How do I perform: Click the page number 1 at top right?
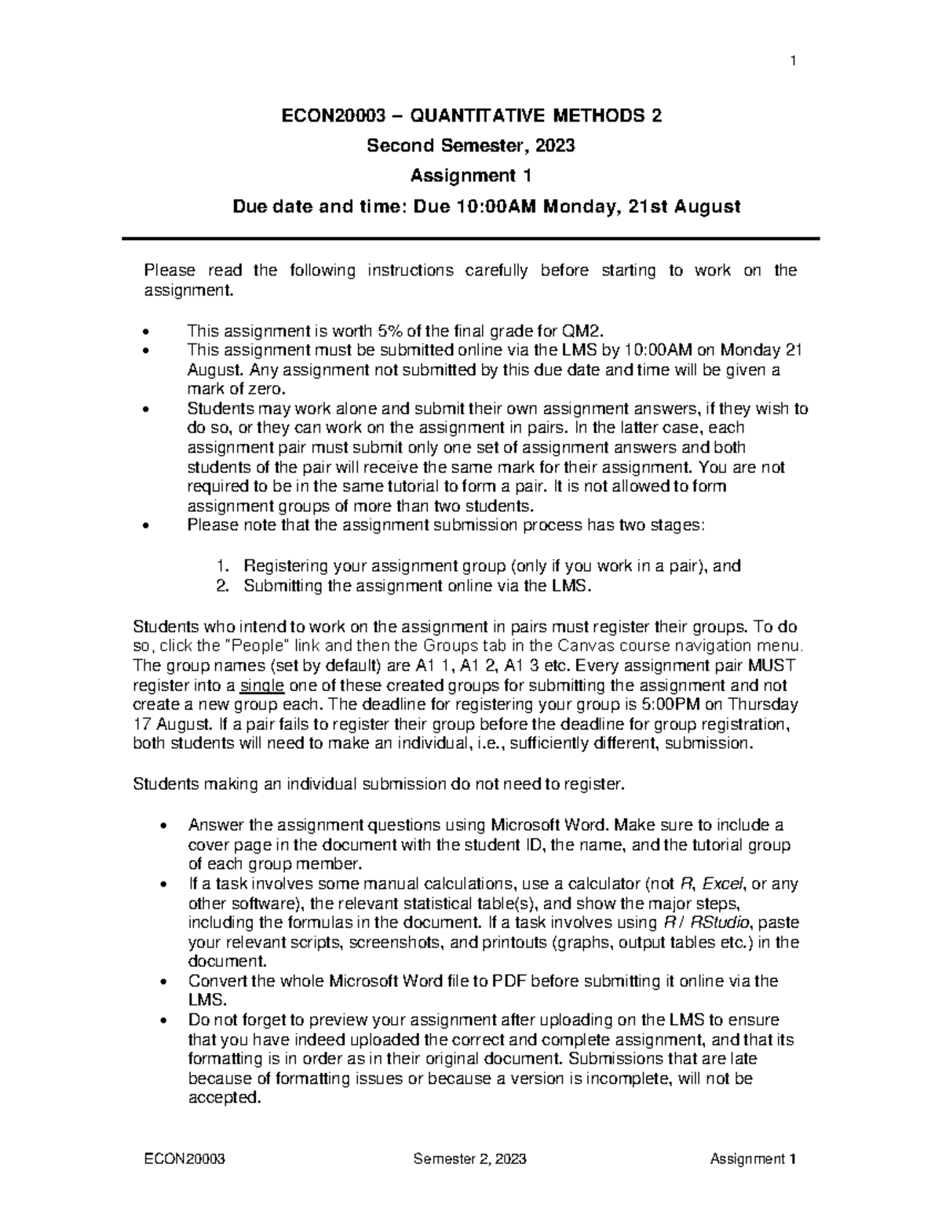[794, 62]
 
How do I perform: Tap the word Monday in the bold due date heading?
[563, 206]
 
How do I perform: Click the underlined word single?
[260, 685]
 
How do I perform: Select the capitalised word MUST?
[772, 666]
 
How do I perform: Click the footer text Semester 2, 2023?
[469, 1159]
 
